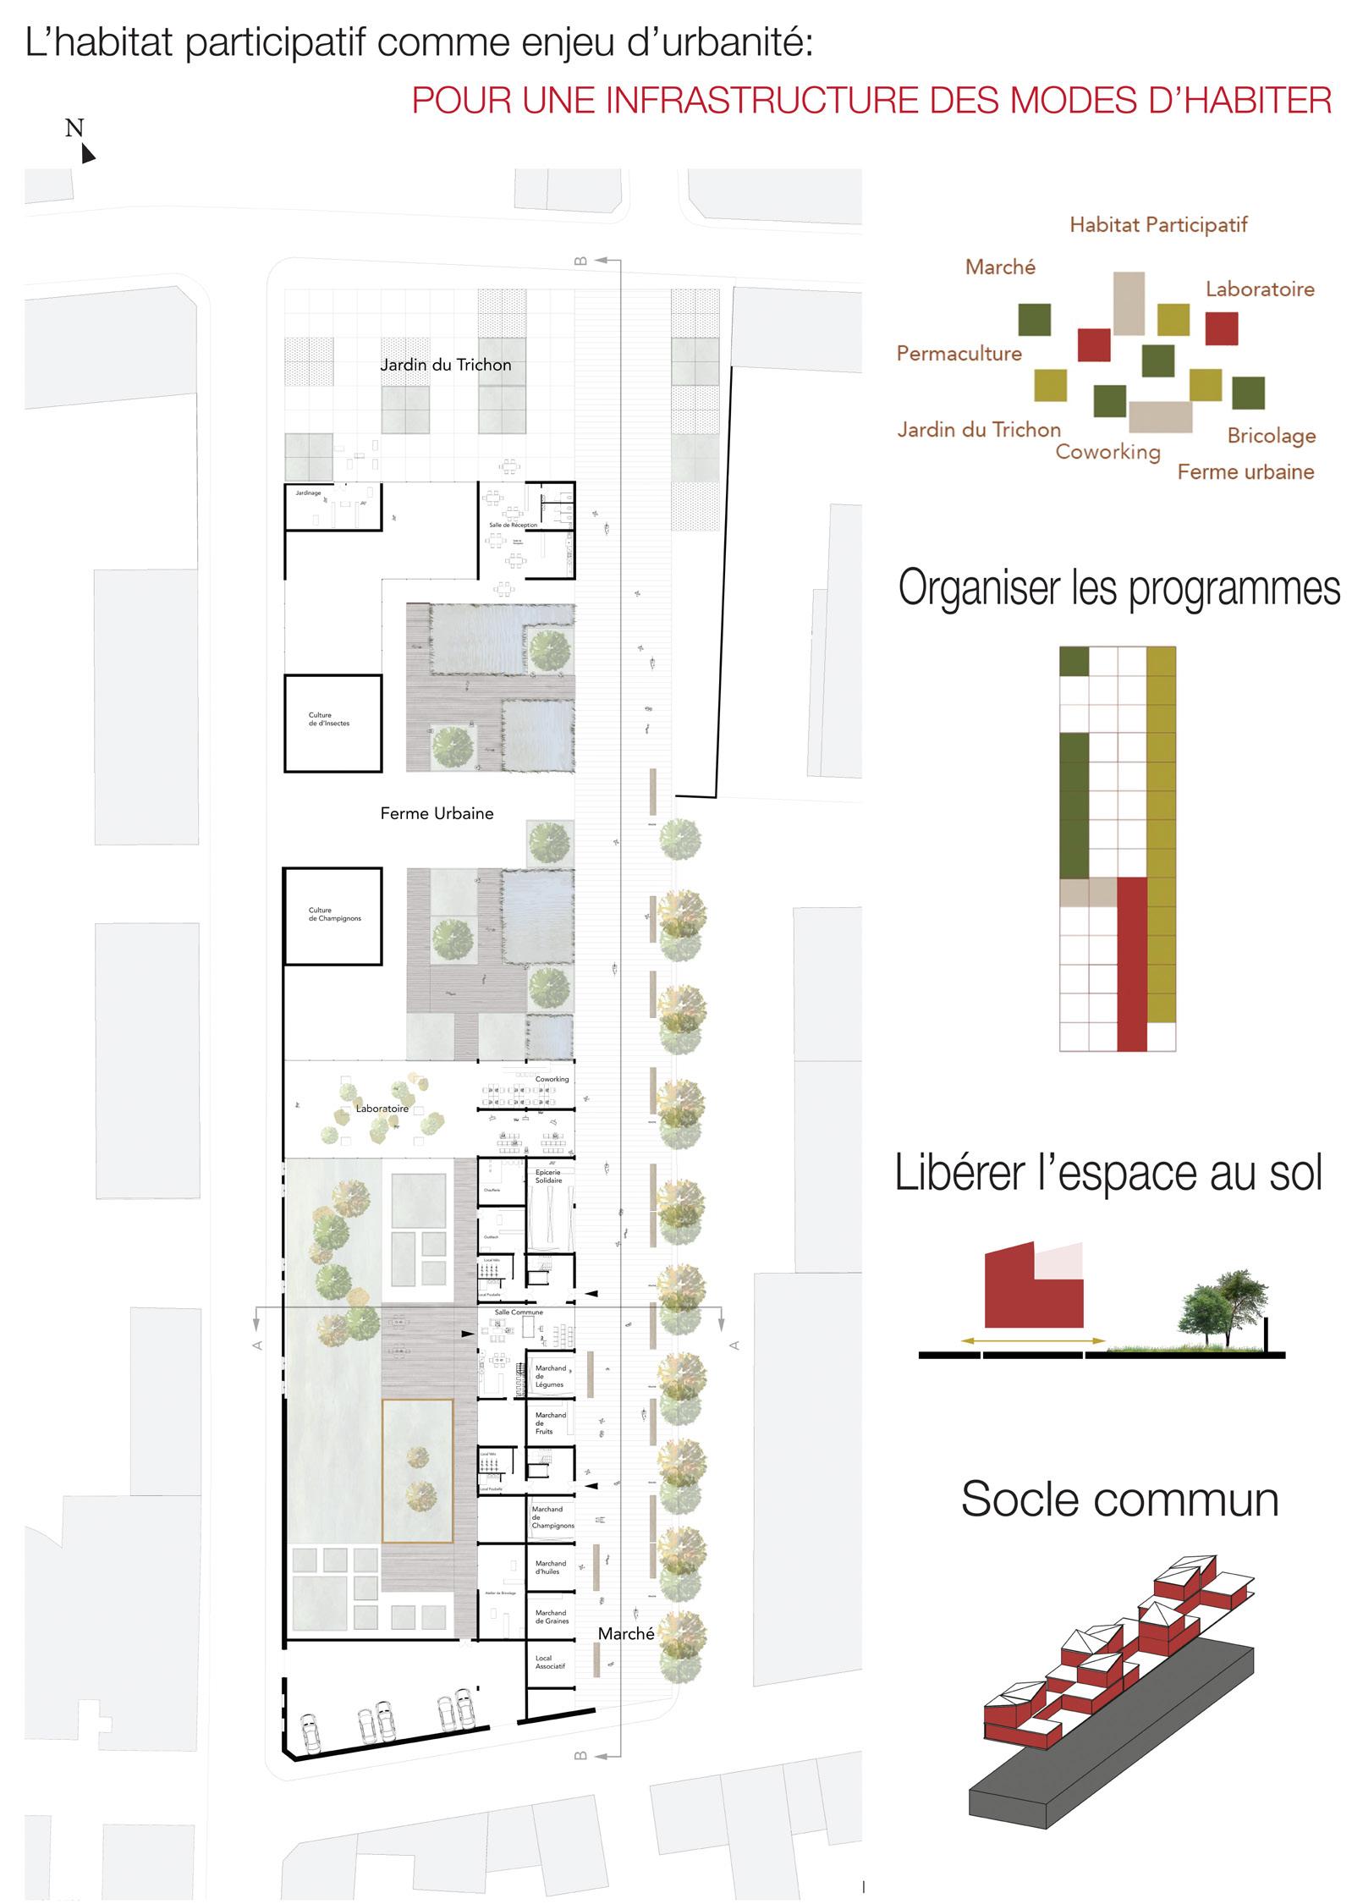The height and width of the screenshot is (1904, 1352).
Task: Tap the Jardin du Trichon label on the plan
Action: click(445, 365)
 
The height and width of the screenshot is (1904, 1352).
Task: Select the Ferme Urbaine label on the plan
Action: click(437, 813)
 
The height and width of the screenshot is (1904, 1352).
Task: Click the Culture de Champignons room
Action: click(333, 916)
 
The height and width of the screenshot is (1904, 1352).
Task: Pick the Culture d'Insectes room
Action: click(332, 722)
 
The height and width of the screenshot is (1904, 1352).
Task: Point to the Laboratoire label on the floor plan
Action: click(382, 1109)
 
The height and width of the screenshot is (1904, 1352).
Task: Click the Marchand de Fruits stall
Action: click(550, 1422)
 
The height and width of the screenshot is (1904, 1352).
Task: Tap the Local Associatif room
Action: click(550, 1662)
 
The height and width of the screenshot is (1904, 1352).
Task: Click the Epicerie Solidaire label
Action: click(548, 1176)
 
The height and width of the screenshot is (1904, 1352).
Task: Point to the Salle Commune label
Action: click(519, 1312)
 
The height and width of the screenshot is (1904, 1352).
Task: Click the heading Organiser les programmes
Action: click(1118, 588)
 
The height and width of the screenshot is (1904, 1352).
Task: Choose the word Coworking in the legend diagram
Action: click(1107, 452)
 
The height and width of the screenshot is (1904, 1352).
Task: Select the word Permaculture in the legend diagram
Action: click(959, 354)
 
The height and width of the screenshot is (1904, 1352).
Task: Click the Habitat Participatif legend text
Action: click(1157, 225)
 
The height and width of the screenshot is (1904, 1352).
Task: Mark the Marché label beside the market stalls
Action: click(625, 1634)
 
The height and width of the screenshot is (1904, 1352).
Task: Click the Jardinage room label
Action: click(308, 493)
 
